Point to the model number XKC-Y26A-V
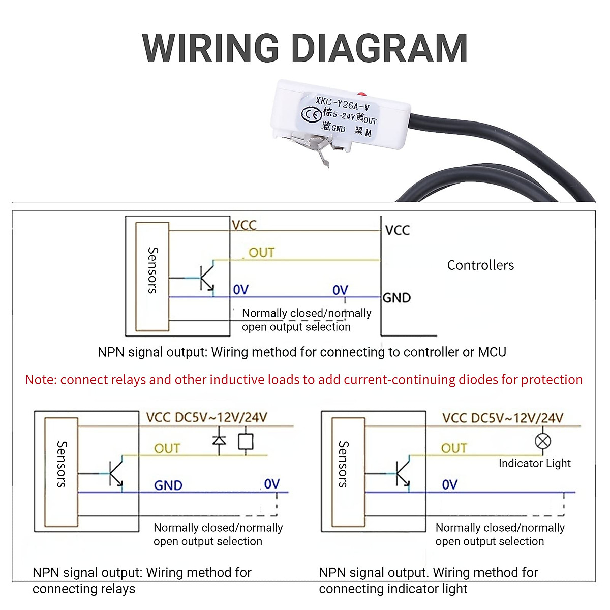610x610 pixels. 342,104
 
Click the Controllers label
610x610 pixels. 480,265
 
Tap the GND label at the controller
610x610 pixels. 396,298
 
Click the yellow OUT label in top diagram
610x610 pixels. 261,253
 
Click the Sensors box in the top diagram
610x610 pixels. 152,277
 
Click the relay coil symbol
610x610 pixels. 246,441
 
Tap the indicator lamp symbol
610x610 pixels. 543,441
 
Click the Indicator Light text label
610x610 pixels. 534,463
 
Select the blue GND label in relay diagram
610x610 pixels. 168,485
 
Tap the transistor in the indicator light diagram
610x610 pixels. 403,474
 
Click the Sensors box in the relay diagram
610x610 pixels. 61,472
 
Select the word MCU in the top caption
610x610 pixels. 492,352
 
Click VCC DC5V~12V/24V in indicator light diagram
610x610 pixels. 502,418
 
